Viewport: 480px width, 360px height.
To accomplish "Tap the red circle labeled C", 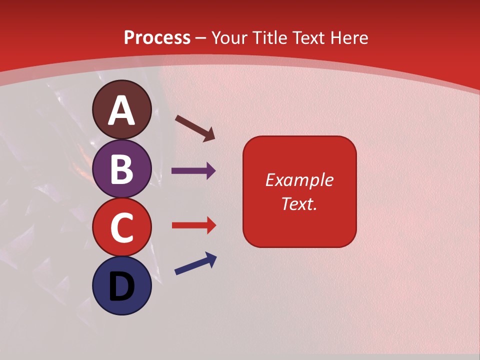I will tap(122, 227).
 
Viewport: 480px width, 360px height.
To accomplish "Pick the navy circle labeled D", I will tap(122, 286).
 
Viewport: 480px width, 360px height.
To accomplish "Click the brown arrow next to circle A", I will tap(195, 128).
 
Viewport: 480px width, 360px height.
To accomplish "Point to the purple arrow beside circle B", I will tap(193, 171).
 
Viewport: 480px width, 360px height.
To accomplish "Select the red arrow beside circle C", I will tap(193, 225).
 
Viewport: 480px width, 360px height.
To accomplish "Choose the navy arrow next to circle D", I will tap(195, 264).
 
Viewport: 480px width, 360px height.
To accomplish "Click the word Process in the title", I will tap(157, 38).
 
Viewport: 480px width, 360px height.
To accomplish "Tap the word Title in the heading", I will tap(270, 38).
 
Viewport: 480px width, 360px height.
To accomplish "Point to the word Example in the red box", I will tap(299, 180).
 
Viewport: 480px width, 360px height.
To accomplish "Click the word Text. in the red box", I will tap(299, 204).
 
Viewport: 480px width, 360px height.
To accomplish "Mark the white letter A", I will tap(122, 111).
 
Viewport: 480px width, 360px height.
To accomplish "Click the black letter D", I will tap(122, 287).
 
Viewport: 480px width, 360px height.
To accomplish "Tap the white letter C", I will tap(122, 228).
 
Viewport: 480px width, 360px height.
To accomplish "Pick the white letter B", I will tap(122, 169).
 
